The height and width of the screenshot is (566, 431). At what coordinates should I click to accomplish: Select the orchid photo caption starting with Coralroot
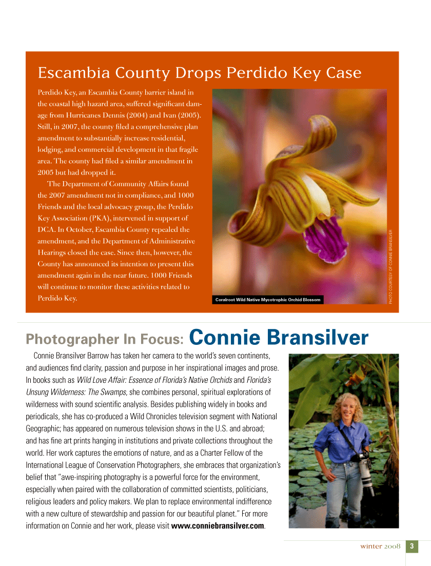(x=267, y=300)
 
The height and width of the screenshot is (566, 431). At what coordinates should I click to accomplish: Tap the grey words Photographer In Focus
(x=105, y=339)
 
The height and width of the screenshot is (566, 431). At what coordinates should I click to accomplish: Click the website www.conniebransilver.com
(x=218, y=526)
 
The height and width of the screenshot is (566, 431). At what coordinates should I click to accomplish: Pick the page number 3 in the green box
(x=412, y=547)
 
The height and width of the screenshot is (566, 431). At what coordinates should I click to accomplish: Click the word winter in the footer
(x=370, y=547)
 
